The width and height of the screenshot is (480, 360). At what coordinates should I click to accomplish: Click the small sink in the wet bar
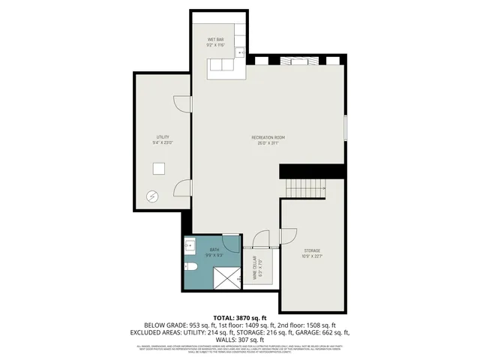241,52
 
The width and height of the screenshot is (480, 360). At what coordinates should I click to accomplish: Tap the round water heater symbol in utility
153,196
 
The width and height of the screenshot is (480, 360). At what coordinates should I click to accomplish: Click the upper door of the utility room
183,105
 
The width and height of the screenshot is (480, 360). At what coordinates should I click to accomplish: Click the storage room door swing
288,237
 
